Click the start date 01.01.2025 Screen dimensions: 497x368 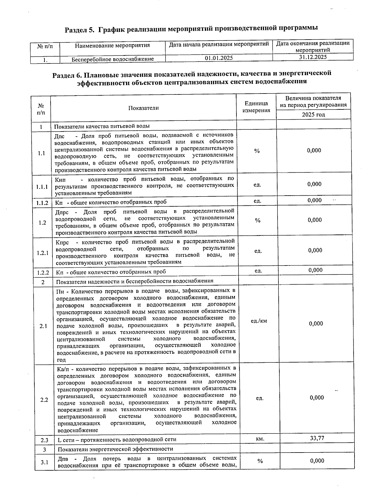click(219, 58)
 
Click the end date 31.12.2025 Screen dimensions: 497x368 click(313, 57)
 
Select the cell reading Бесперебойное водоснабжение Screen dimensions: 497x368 click(113, 59)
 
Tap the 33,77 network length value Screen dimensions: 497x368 click(317, 438)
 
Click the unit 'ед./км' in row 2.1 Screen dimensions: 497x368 click(259, 321)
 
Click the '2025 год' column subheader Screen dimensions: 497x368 click(313, 115)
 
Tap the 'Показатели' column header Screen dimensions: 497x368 click(143, 108)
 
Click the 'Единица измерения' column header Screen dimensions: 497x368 click(256, 107)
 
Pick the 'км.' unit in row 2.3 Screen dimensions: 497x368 click(260, 439)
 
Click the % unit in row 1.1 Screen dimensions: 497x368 click(257, 151)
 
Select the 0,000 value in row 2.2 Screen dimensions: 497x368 click(316, 398)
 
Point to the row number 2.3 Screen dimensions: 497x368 click(44, 440)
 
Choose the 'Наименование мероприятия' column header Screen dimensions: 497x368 click(112, 45)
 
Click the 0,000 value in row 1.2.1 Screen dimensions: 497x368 click(315, 250)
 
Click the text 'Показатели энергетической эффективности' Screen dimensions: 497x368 click(115, 449)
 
